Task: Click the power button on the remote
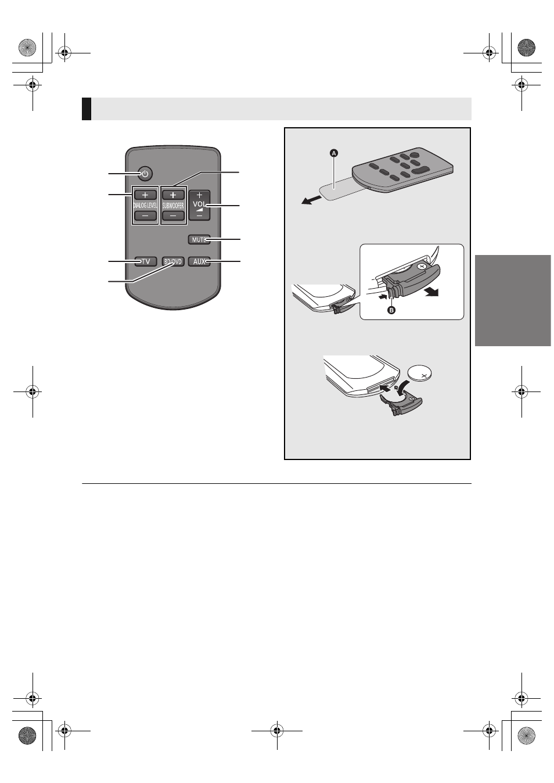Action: [x=145, y=174]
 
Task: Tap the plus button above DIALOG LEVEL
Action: [x=145, y=195]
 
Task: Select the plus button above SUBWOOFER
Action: [x=173, y=195]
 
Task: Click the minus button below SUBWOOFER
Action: [x=173, y=215]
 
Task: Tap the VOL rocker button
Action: [x=199, y=205]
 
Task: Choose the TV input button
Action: [x=145, y=261]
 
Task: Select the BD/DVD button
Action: [x=173, y=261]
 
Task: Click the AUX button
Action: [x=199, y=261]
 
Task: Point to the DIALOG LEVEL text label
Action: [x=145, y=206]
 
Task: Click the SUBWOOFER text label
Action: [x=173, y=206]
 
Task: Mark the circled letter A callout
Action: [x=334, y=153]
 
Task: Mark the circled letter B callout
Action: [x=392, y=310]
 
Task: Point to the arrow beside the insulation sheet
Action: [x=311, y=200]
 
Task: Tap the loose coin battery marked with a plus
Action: [x=420, y=375]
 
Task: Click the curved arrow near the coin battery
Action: [x=405, y=387]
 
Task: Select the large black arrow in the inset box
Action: [x=431, y=292]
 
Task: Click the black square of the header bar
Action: [x=87, y=109]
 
